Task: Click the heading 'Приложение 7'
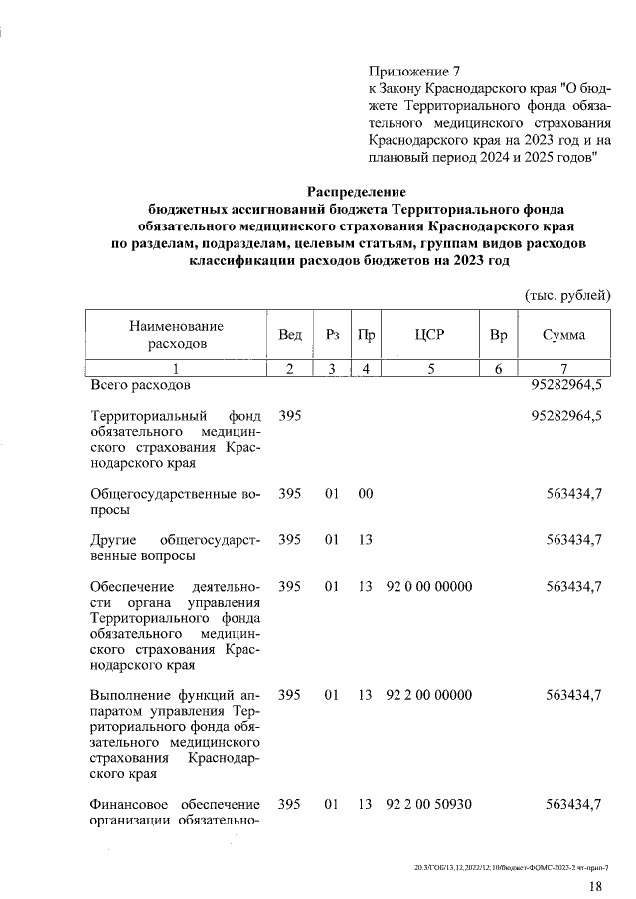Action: [x=414, y=73]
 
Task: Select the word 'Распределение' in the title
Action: [x=357, y=190]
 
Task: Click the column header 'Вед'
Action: [x=290, y=335]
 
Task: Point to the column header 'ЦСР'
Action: [x=429, y=335]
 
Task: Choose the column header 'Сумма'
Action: [x=563, y=335]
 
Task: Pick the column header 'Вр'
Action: [x=498, y=335]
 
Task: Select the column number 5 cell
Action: [x=430, y=369]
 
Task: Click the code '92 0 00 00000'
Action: [x=429, y=587]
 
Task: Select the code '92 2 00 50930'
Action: [x=429, y=803]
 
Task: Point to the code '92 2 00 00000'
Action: [x=429, y=695]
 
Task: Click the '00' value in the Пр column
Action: [x=365, y=493]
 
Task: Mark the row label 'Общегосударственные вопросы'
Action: [x=175, y=501]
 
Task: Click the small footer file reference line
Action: [x=511, y=866]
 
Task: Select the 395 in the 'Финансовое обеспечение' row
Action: [x=290, y=803]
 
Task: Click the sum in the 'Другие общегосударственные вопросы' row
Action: [x=574, y=539]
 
